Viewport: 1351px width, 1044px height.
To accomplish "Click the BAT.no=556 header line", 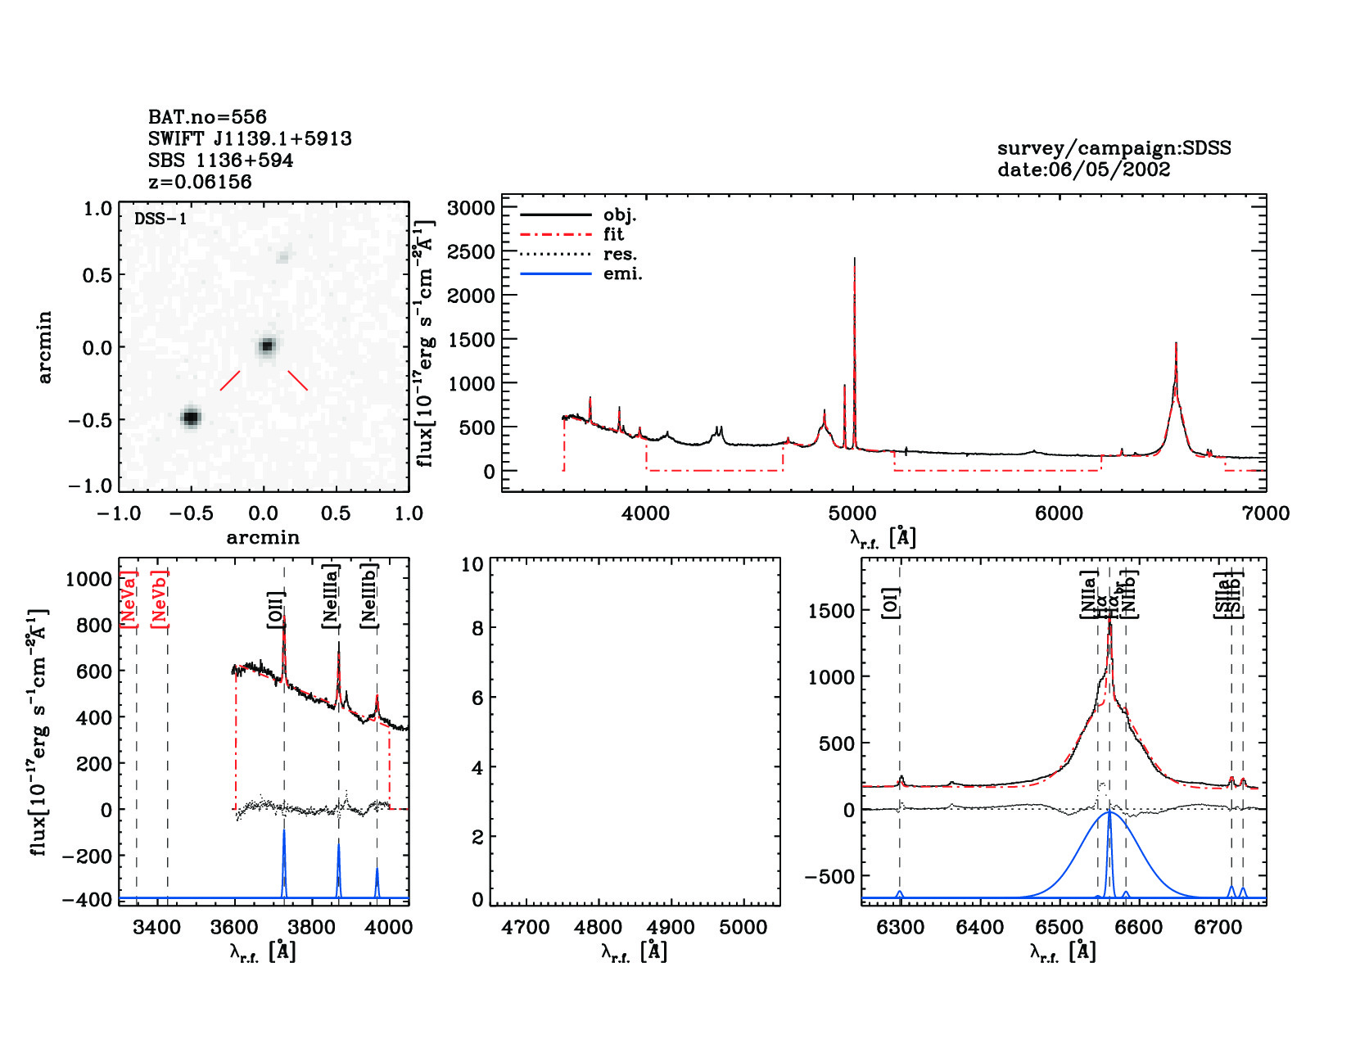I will (207, 117).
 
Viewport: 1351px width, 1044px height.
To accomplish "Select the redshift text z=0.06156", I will (200, 182).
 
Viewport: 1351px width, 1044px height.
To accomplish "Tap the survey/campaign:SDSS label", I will (1114, 148).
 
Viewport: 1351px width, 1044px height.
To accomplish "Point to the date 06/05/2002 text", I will (1083, 169).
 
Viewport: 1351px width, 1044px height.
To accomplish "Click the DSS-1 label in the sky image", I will (160, 219).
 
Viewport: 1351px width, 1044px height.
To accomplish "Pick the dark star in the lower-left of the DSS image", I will (190, 418).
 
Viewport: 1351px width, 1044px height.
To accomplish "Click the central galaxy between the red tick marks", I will (267, 346).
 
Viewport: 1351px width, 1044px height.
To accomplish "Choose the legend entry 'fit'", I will (613, 234).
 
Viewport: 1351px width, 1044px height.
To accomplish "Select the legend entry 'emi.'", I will (622, 273).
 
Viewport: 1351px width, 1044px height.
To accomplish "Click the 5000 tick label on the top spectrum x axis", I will (852, 513).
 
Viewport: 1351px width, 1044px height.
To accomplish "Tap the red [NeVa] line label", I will (129, 599).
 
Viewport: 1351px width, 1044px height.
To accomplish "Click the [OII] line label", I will (276, 609).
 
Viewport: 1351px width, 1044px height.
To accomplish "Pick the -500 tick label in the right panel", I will (829, 877).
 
